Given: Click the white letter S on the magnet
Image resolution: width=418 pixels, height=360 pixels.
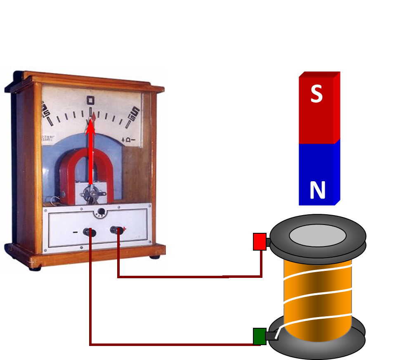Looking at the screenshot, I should tap(316, 94).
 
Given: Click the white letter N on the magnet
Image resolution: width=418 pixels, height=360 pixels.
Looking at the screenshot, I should tap(317, 191).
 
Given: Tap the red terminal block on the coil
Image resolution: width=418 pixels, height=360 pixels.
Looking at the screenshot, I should tap(260, 242).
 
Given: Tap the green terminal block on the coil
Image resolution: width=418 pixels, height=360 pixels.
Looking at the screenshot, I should tap(260, 336).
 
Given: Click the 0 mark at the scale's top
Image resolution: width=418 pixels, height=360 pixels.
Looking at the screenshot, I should tap(91, 100).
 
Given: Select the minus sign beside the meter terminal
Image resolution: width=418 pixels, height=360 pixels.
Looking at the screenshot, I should tap(75, 232).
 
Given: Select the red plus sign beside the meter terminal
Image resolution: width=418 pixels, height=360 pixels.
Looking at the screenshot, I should tap(124, 229).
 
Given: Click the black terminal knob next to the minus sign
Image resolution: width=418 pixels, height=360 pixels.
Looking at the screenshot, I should tap(90, 232).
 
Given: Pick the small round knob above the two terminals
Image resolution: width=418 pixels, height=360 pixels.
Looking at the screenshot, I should tap(100, 213).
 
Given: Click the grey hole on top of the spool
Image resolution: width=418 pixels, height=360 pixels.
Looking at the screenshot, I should tap(317, 236).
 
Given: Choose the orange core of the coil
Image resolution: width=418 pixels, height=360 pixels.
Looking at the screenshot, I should tap(317, 297).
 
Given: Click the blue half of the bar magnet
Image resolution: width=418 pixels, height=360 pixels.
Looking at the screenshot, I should tap(317, 173).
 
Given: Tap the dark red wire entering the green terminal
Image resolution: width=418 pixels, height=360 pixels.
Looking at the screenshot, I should tap(173, 344).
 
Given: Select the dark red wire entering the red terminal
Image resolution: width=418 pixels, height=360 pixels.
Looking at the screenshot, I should tap(190, 277).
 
